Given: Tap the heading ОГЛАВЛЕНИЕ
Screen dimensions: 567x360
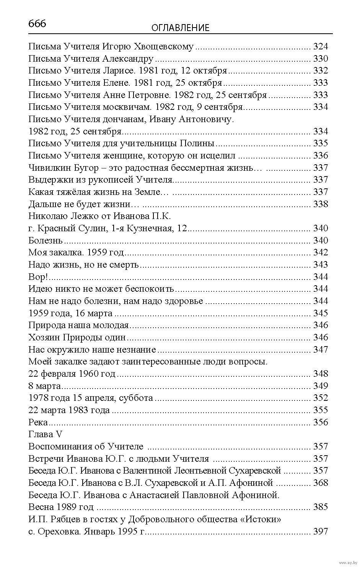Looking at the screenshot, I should click(181, 28).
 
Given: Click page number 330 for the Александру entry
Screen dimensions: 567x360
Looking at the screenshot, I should click(320, 59).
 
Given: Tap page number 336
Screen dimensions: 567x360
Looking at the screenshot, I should click(320, 155).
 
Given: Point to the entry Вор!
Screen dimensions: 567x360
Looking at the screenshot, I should click(38, 277).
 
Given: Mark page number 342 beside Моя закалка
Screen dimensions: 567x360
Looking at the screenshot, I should click(320, 252).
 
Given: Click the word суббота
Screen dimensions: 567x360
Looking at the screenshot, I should click(136, 398).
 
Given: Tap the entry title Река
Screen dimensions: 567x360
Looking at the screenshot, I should click(38, 422).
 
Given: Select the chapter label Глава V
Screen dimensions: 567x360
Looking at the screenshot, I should click(45, 434).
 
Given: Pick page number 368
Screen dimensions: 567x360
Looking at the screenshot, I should click(320, 483).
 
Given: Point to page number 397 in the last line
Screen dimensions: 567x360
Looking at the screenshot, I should click(320, 531).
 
